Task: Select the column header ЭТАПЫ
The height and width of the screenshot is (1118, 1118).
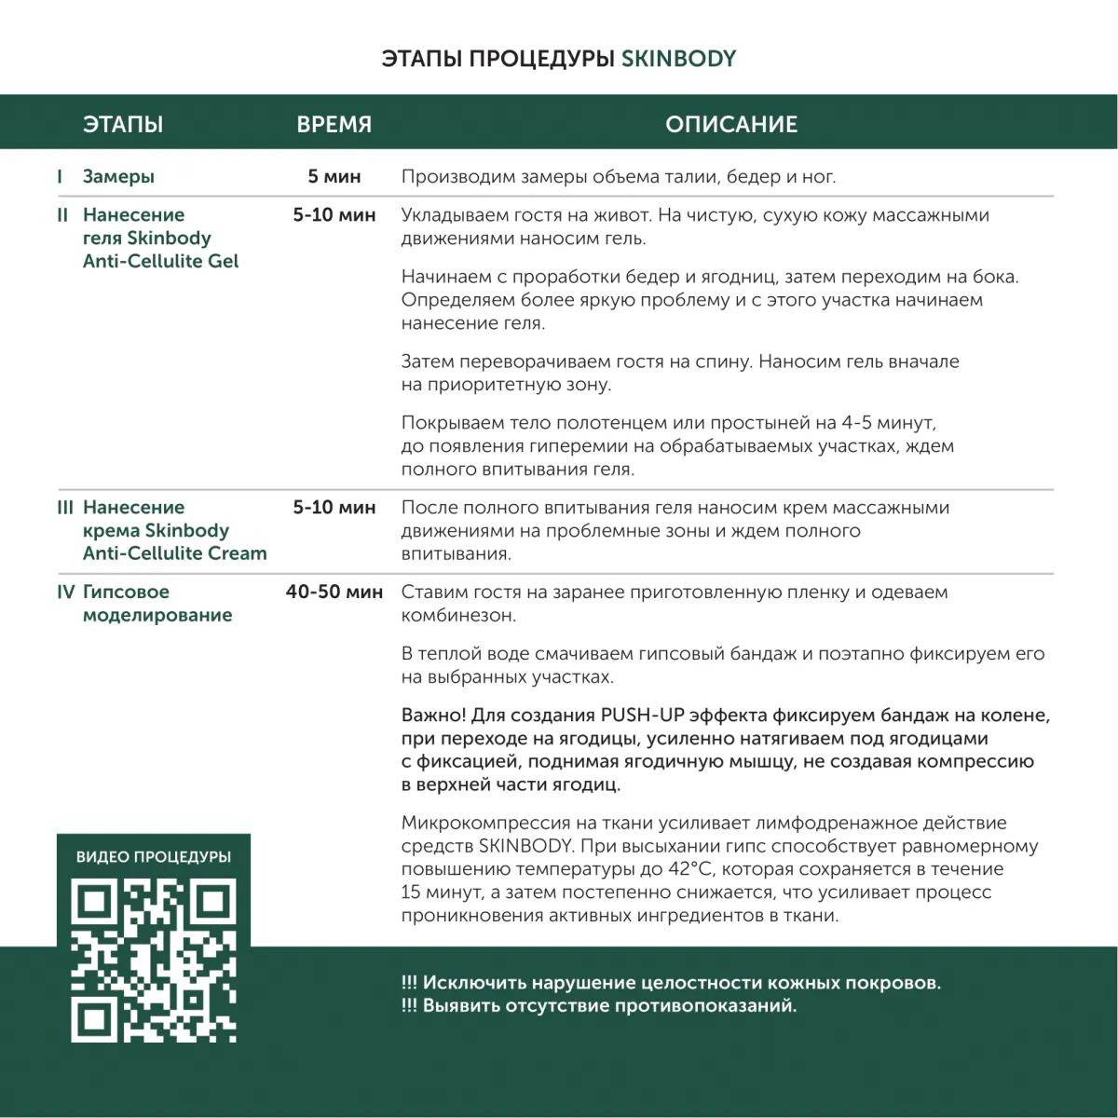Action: [x=122, y=125]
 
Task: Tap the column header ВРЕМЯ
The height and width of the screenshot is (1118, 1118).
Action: [x=334, y=125]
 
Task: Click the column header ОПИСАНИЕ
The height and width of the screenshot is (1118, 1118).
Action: [x=731, y=125]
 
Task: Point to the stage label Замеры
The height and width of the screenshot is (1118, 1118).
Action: [x=118, y=177]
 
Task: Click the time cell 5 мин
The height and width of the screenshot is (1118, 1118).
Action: [x=334, y=177]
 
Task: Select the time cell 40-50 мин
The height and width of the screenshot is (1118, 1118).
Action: [x=334, y=592]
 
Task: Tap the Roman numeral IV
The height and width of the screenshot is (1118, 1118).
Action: [x=65, y=592]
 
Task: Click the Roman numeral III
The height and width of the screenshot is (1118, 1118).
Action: [x=64, y=508]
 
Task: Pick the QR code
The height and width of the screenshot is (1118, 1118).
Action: [x=154, y=961]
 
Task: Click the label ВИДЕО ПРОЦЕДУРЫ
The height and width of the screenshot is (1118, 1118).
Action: [x=154, y=857]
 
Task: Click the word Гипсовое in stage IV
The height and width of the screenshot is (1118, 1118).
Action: [x=126, y=592]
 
